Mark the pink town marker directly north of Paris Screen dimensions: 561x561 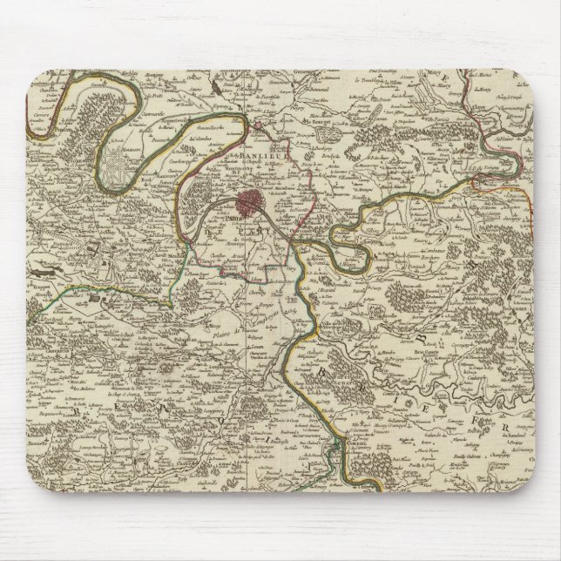(260, 130)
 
